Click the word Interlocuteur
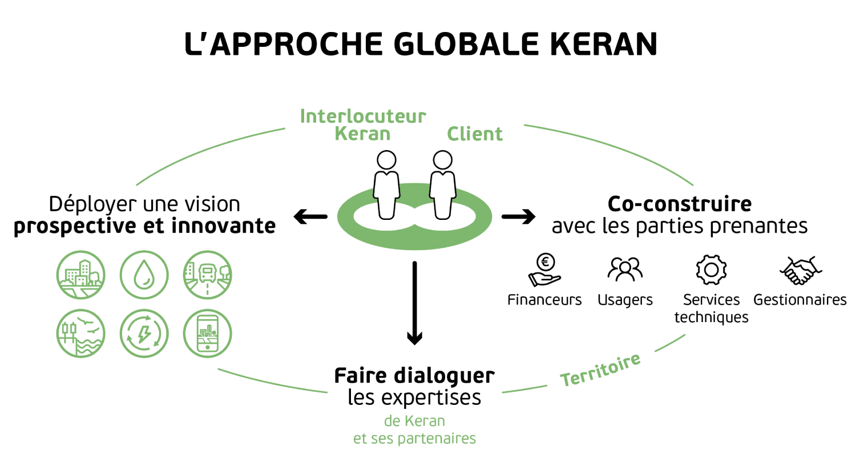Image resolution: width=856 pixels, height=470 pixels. click(x=363, y=117)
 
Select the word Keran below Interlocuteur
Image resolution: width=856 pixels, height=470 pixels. click(x=362, y=134)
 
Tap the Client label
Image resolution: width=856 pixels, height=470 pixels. click(x=474, y=134)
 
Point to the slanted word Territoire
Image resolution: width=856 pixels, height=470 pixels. click(x=600, y=371)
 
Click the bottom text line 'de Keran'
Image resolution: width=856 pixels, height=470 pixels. click(x=414, y=421)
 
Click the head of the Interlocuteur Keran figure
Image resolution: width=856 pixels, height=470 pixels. click(x=386, y=160)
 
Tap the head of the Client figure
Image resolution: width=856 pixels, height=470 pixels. click(x=442, y=160)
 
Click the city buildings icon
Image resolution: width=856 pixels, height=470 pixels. click(x=81, y=275)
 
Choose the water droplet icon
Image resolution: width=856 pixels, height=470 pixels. click(x=144, y=275)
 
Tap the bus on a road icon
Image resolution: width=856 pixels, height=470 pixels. click(x=208, y=275)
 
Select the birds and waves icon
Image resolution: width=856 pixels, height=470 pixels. click(x=81, y=334)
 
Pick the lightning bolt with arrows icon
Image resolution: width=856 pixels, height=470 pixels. click(x=144, y=334)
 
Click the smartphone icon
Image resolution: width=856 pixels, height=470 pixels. click(x=208, y=334)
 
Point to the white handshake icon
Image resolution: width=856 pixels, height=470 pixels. click(x=801, y=270)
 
